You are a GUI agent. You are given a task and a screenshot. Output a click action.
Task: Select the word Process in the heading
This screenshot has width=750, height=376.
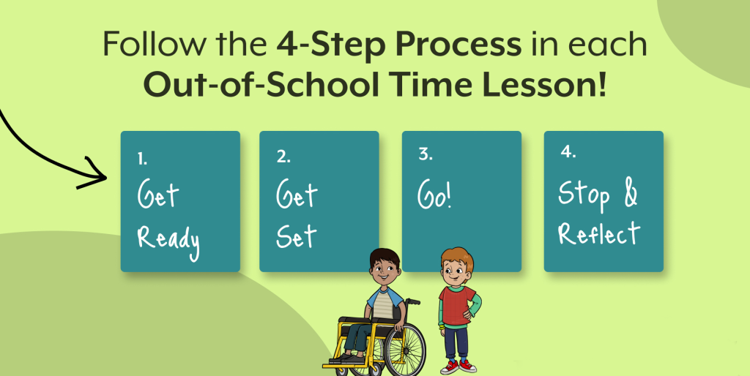tap(454, 44)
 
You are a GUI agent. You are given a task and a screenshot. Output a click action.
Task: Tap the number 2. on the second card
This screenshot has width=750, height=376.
tap(283, 157)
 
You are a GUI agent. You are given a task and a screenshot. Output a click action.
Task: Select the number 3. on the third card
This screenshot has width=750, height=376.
tap(426, 154)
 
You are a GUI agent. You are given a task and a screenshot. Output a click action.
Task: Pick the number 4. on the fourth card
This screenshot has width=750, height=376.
tap(568, 152)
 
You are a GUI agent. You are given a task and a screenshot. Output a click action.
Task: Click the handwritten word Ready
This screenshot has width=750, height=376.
tap(168, 242)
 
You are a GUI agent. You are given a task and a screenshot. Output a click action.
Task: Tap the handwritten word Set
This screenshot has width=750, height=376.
tap(296, 236)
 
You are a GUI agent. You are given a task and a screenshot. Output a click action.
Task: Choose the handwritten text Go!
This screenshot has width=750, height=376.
tap(434, 195)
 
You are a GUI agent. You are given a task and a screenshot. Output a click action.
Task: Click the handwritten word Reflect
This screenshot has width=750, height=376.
tap(599, 233)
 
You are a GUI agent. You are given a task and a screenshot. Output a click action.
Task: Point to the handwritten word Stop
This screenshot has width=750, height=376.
tap(584, 195)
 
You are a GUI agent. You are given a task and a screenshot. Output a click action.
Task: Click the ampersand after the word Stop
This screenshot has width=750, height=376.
tap(631, 194)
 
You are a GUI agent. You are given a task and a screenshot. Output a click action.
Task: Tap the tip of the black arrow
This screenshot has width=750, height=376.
tap(106, 177)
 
